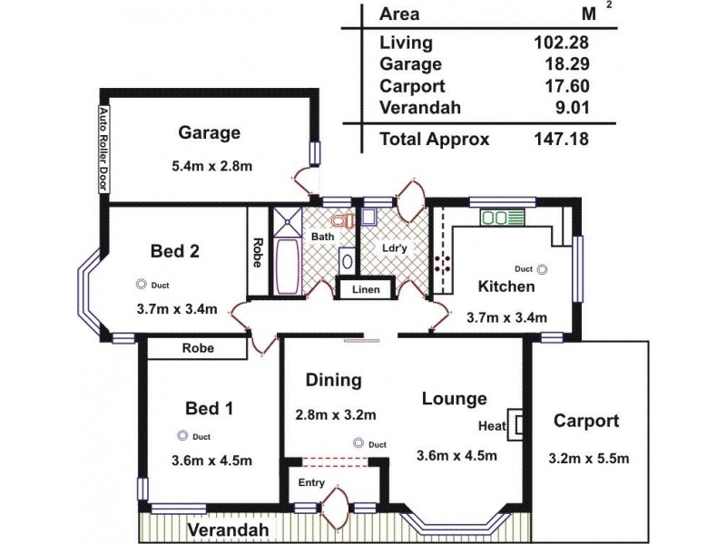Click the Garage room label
click(209, 133)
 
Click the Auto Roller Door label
click(103, 149)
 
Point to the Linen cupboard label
click(366, 290)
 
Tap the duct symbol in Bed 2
click(142, 282)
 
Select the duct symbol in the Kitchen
click(543, 269)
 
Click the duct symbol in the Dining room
click(358, 443)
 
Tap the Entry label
click(311, 482)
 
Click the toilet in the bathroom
click(340, 222)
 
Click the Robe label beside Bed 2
click(259, 252)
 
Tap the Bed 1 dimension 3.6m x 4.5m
click(211, 460)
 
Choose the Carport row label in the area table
click(413, 86)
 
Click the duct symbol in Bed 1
click(181, 435)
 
